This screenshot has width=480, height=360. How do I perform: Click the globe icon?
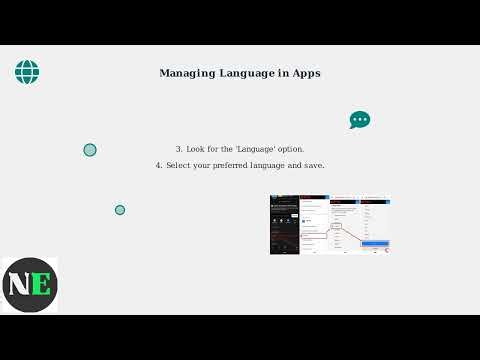(x=27, y=71)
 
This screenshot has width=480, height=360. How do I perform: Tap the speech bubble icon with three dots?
(x=360, y=120)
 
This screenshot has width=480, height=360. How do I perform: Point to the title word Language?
(x=244, y=73)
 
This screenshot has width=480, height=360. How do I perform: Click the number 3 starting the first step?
(x=178, y=149)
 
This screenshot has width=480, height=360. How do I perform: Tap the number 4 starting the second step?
(x=158, y=165)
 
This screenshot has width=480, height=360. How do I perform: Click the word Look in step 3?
(x=195, y=149)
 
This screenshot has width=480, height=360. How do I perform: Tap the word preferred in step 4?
(x=235, y=165)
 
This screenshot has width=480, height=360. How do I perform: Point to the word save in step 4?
(x=312, y=165)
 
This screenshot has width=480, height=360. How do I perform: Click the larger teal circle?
(x=90, y=150)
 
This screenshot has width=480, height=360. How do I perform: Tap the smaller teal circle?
(x=120, y=210)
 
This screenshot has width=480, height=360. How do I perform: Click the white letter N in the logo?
(x=19, y=284)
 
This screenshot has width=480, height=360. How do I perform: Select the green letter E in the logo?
(x=40, y=284)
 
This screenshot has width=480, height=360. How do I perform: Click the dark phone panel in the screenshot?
(x=285, y=224)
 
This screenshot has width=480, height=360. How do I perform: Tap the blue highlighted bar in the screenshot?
(x=375, y=243)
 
